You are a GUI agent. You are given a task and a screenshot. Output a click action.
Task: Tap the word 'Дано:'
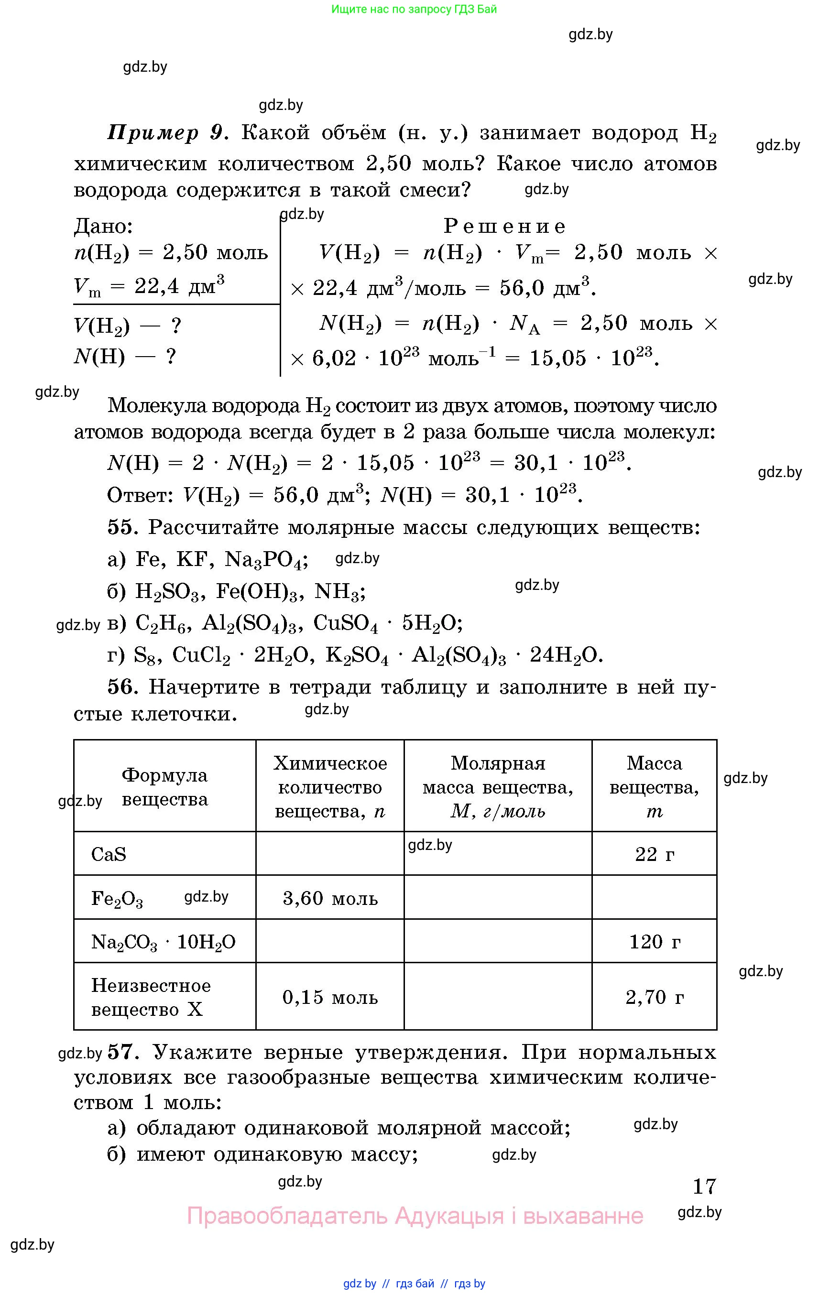pyautogui.click(x=103, y=226)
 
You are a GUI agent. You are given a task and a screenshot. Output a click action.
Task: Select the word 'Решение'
pyautogui.click(x=504, y=226)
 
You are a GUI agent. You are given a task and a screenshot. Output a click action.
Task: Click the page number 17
pyautogui.click(x=704, y=1186)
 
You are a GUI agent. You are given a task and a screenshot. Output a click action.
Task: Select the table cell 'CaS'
pyautogui.click(x=109, y=854)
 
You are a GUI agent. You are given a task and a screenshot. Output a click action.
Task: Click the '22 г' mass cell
pyautogui.click(x=655, y=854)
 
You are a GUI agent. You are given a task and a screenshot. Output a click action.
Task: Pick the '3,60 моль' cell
pyautogui.click(x=330, y=898)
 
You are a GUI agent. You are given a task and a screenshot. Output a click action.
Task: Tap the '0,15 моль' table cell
pyautogui.click(x=330, y=997)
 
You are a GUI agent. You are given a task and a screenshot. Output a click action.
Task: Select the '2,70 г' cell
pyautogui.click(x=655, y=997)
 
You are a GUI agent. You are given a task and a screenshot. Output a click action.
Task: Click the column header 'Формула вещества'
pyautogui.click(x=164, y=787)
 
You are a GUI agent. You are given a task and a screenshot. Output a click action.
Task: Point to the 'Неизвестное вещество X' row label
pyautogui.click(x=151, y=997)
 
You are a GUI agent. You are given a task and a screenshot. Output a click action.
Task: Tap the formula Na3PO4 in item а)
pyautogui.click(x=266, y=560)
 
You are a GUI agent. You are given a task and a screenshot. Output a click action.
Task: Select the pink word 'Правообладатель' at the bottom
pyautogui.click(x=287, y=1216)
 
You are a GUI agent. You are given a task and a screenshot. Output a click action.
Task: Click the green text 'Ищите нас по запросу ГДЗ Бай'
pyautogui.click(x=414, y=9)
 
